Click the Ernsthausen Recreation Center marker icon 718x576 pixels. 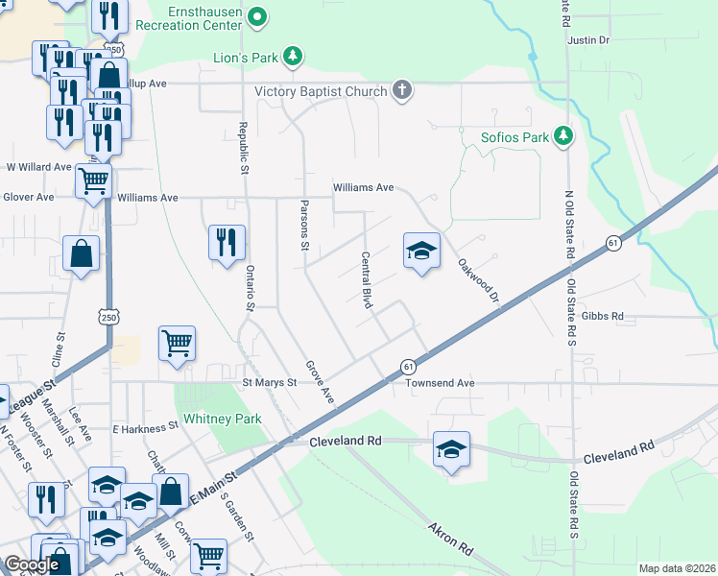coord(257,16)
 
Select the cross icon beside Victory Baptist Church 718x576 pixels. coord(402,91)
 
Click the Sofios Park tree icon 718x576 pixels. coord(565,137)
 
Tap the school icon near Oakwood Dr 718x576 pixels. coord(421,252)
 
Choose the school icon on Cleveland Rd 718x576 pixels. coord(451,448)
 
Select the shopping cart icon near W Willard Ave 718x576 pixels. coord(93,179)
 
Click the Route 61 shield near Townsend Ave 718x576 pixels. coord(409,367)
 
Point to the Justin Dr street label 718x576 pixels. coord(588,40)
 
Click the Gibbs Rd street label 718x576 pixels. coord(602,316)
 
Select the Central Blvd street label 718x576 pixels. coord(366,279)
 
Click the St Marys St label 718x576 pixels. coord(269,382)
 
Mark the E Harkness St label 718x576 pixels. coord(145,425)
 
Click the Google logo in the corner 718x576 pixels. coord(32,564)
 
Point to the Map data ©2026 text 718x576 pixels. coord(677,568)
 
